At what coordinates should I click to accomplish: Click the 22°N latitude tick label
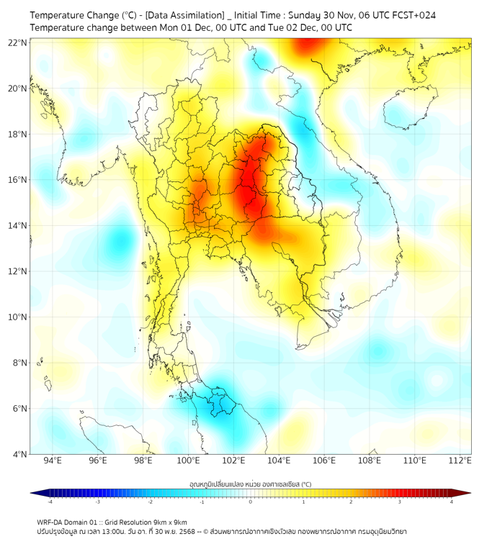click(18, 42)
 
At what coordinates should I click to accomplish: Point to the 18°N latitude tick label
click(18, 135)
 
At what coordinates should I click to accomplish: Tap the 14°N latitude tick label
click(18, 226)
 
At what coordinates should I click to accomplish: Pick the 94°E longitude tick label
click(53, 461)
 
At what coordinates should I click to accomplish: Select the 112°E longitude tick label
click(460, 461)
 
